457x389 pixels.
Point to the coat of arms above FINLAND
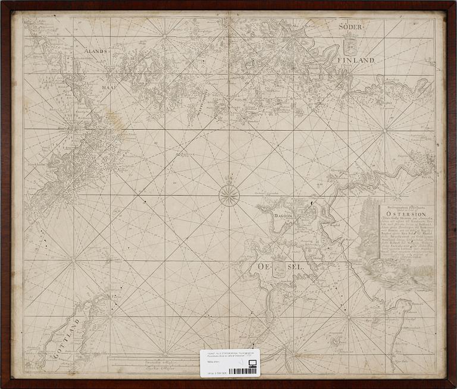point(350,43)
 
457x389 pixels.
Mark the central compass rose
point(228,193)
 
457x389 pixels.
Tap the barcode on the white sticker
point(244,371)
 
